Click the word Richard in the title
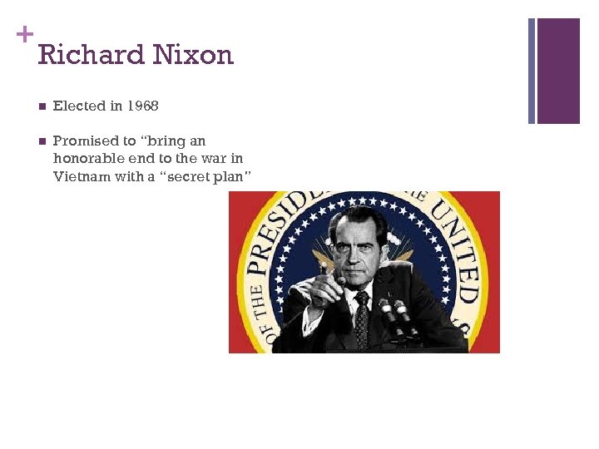pos(83,55)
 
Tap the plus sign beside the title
pos(25,34)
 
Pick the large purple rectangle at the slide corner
pos(558,71)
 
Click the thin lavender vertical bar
pos(532,71)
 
